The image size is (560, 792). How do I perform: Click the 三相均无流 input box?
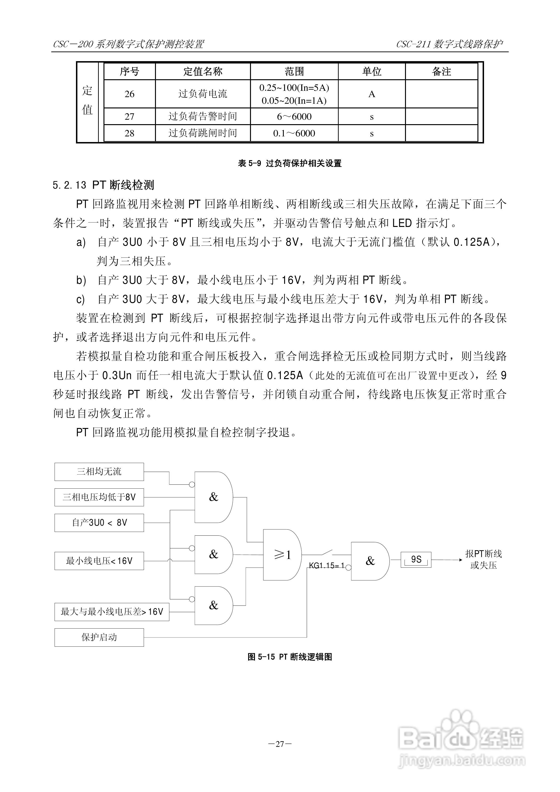(99, 471)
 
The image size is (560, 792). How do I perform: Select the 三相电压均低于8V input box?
(99, 497)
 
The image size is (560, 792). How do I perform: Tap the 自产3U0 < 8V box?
(99, 523)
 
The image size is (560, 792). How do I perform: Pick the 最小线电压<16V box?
(99, 561)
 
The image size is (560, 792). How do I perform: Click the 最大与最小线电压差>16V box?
(112, 612)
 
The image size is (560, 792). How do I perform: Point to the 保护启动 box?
(99, 637)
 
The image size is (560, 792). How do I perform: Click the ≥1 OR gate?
(282, 555)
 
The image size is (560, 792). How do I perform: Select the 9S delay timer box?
(416, 559)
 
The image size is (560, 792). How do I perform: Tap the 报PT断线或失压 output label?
(483, 559)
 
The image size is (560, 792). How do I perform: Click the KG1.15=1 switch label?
(326, 565)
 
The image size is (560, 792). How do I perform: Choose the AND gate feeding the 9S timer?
(369, 561)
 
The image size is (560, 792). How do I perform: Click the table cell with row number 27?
(129, 117)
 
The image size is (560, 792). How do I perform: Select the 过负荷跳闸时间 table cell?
(203, 133)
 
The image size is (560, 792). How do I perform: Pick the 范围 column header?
(294, 71)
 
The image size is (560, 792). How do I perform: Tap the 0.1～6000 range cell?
(294, 133)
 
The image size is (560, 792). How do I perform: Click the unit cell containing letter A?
(372, 94)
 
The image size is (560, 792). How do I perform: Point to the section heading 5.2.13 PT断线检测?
(103, 185)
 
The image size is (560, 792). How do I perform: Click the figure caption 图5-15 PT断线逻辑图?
(290, 657)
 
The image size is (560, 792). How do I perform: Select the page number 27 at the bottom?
(280, 744)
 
